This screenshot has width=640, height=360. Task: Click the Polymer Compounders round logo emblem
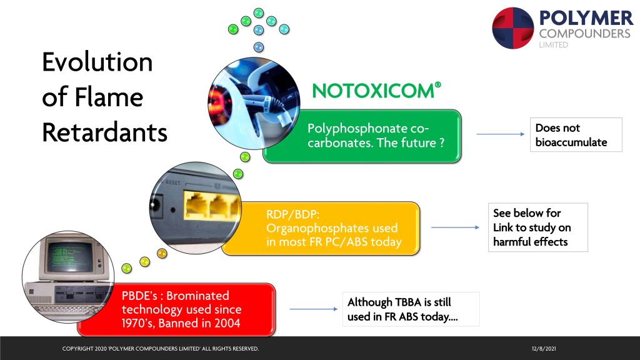tap(513, 28)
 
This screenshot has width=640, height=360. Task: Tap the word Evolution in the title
tap(97, 62)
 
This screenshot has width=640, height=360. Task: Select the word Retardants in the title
tap(105, 132)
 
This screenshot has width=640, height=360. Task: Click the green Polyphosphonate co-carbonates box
tap(362, 136)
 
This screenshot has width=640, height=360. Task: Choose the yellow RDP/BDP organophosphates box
tap(321, 229)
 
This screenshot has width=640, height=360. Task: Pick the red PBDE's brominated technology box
tap(176, 310)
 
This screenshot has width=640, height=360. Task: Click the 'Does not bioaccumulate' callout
tap(576, 135)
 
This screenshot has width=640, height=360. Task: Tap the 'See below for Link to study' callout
tap(538, 227)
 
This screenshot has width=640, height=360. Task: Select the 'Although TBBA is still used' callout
tap(411, 309)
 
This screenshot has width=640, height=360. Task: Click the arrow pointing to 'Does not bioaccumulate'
tap(501, 134)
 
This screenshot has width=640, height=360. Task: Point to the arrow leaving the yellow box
tap(455, 227)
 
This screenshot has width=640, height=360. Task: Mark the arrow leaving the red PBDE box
tap(314, 309)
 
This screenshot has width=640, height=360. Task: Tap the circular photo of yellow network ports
tap(196, 208)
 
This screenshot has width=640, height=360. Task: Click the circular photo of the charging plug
tap(254, 103)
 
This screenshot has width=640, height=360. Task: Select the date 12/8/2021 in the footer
tap(544, 349)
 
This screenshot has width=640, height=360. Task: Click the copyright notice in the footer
tap(161, 349)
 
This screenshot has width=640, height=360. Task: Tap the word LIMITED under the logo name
tap(553, 45)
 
